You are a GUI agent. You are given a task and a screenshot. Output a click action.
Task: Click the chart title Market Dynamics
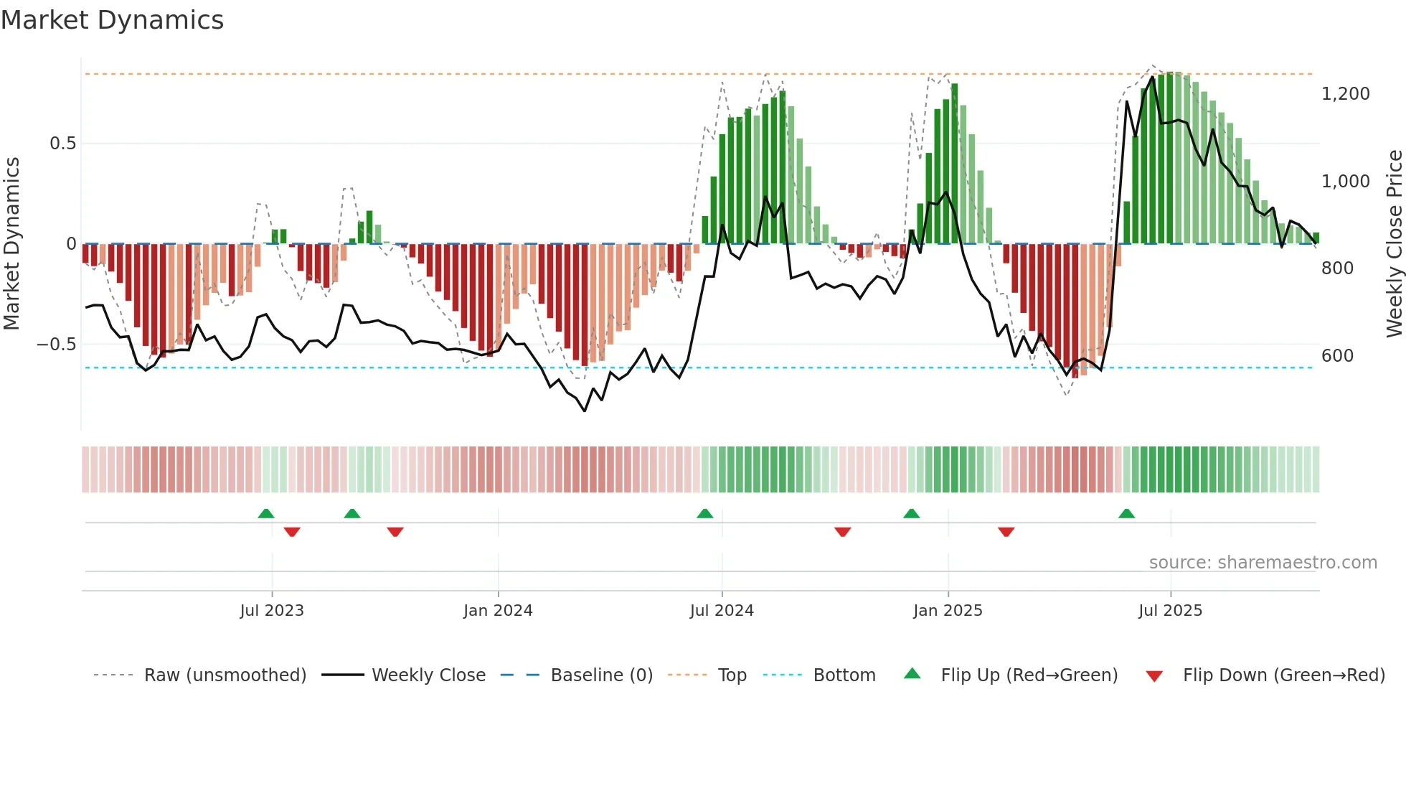tap(112, 20)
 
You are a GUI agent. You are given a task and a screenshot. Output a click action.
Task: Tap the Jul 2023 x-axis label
tap(272, 611)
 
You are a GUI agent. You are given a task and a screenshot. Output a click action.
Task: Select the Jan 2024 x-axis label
tap(498, 611)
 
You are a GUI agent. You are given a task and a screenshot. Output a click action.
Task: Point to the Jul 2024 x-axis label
tap(722, 611)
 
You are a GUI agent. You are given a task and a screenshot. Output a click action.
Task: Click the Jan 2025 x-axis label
tap(948, 611)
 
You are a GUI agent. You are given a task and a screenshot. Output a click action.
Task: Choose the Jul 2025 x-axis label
tap(1170, 611)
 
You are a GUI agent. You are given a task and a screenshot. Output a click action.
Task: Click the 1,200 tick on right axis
tap(1345, 94)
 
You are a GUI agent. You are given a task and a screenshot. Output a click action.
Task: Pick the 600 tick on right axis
tap(1337, 356)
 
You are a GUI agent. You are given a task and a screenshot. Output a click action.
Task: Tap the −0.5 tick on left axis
tap(56, 345)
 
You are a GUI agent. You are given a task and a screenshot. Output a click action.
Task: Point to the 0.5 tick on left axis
tap(62, 144)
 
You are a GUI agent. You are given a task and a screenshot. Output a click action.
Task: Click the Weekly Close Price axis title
tap(1394, 244)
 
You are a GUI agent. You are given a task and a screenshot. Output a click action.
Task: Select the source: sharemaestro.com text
tap(1263, 563)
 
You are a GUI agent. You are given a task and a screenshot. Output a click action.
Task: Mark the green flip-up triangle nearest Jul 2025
tap(1126, 514)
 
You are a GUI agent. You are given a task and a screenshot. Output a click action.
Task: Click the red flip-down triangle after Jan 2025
tap(1006, 532)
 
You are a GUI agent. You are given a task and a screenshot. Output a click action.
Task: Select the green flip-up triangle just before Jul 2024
tap(704, 514)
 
